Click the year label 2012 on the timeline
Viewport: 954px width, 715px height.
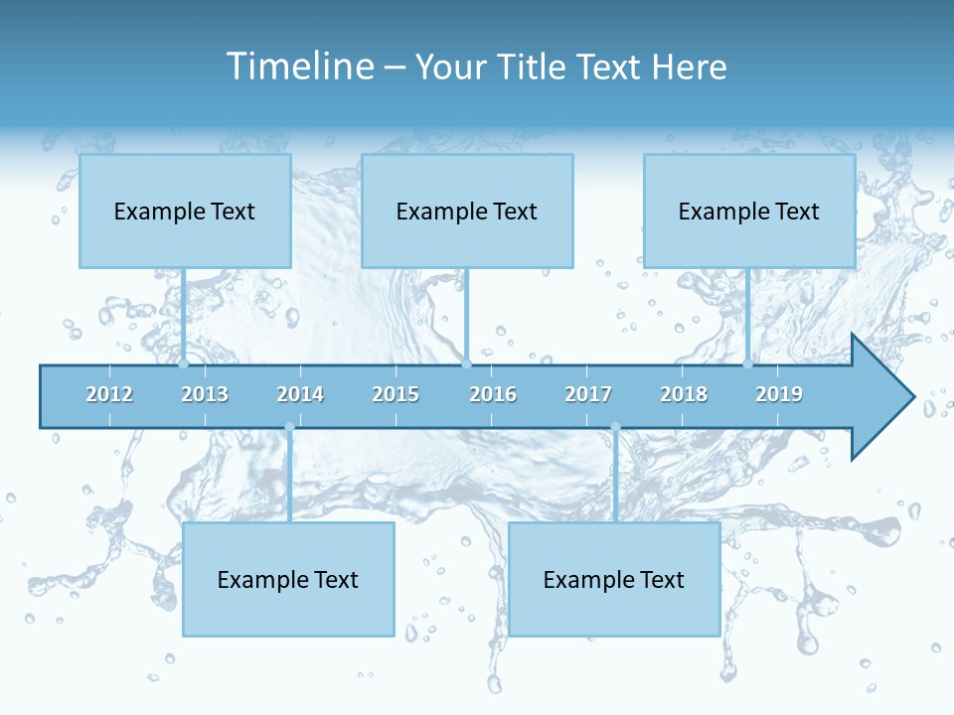pyautogui.click(x=109, y=394)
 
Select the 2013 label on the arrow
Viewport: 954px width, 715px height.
pyautogui.click(x=205, y=394)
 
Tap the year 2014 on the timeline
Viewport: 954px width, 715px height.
pyautogui.click(x=300, y=394)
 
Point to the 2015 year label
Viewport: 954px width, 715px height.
pyautogui.click(x=396, y=394)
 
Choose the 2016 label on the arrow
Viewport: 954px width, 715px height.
pyautogui.click(x=493, y=394)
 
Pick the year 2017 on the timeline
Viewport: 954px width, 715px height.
pyautogui.click(x=588, y=394)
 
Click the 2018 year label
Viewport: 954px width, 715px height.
pyautogui.click(x=684, y=394)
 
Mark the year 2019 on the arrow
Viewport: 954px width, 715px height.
pyautogui.click(x=779, y=394)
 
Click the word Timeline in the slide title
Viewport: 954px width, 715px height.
pyautogui.click(x=298, y=67)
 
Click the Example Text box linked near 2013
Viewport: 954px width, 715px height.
pyautogui.click(x=185, y=211)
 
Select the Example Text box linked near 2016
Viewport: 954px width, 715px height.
pyautogui.click(x=467, y=211)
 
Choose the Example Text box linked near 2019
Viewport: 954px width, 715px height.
pyautogui.click(x=749, y=211)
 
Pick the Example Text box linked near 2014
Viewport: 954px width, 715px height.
pyautogui.click(x=288, y=579)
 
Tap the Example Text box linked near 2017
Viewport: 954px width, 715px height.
pyautogui.click(x=614, y=579)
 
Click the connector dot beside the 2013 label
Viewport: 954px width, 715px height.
pyautogui.click(x=184, y=363)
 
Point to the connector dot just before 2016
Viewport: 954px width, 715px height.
pyautogui.click(x=466, y=363)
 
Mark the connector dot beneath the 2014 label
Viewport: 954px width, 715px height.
pyautogui.click(x=289, y=427)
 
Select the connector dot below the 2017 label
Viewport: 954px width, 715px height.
pyautogui.click(x=615, y=427)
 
